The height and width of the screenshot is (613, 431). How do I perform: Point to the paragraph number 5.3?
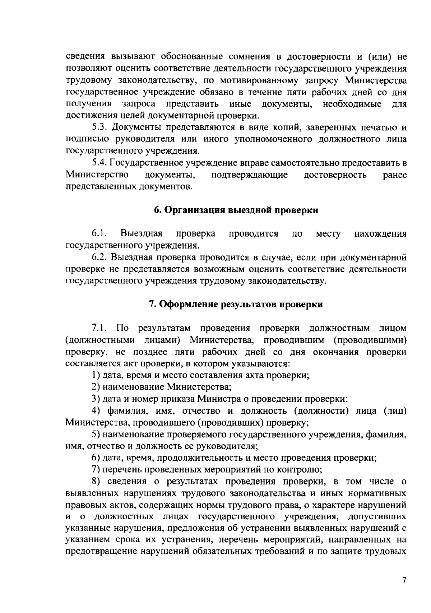[x=99, y=127]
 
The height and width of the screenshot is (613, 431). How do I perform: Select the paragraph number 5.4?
[x=99, y=163]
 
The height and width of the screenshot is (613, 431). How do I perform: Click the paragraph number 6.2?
[x=99, y=257]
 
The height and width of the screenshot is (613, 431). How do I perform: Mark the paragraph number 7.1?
[x=99, y=328]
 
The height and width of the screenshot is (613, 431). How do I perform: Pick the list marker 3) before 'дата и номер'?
[x=95, y=399]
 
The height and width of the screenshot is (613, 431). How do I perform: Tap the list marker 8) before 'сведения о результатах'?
[x=95, y=481]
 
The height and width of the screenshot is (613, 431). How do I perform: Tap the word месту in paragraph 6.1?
[x=328, y=234]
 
